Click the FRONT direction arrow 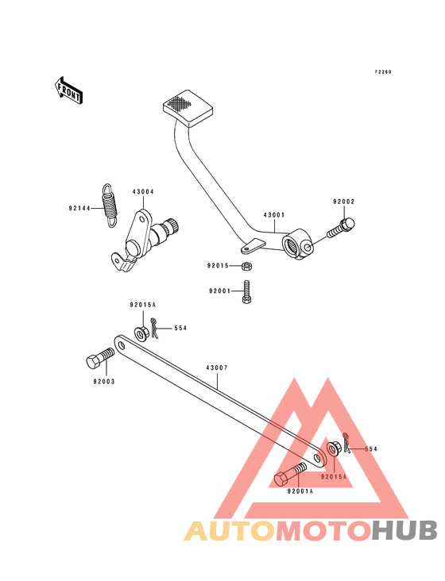pyautogui.click(x=68, y=90)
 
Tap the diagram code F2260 pyautogui.click(x=383, y=72)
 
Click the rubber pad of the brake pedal pyautogui.click(x=188, y=108)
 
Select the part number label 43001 pyautogui.click(x=274, y=215)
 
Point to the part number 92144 pyautogui.click(x=79, y=208)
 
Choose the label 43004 pyautogui.click(x=143, y=192)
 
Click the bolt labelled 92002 pyautogui.click(x=341, y=228)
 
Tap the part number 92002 pyautogui.click(x=344, y=202)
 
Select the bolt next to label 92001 pyautogui.click(x=247, y=292)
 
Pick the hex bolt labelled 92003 pyautogui.click(x=100, y=358)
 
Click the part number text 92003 pyautogui.click(x=104, y=381)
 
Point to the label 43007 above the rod pyautogui.click(x=217, y=368)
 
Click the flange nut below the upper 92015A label pyautogui.click(x=141, y=334)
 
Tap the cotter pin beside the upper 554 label pyautogui.click(x=155, y=328)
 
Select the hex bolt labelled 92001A pyautogui.click(x=290, y=474)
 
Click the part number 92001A pyautogui.click(x=300, y=491)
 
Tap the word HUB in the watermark pyautogui.click(x=405, y=530)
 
